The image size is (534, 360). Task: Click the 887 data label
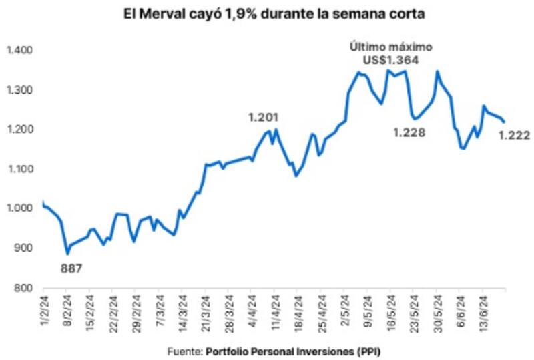[x=71, y=268]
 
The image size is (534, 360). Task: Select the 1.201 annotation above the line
[x=262, y=117]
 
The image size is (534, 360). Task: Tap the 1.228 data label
[x=409, y=133]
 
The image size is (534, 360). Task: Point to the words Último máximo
[x=392, y=47]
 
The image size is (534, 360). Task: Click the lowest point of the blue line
[x=67, y=254]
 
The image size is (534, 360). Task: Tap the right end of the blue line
[x=504, y=122]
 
